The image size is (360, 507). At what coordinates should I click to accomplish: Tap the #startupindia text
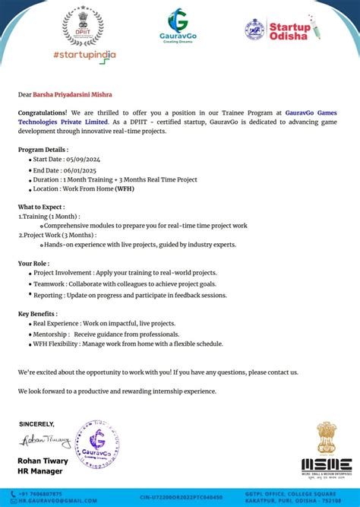click(x=84, y=55)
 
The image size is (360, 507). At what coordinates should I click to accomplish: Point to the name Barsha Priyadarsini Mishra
click(x=72, y=95)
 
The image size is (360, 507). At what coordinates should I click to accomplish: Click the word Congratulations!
click(x=43, y=112)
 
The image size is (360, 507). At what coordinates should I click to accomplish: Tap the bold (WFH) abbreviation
click(x=125, y=189)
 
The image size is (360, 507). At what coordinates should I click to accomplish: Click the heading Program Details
click(x=41, y=150)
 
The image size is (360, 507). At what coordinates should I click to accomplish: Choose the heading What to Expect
click(x=41, y=207)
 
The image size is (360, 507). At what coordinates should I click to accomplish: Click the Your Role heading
click(x=34, y=263)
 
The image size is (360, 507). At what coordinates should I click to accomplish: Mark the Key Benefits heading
click(x=37, y=313)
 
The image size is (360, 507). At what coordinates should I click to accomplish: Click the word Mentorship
click(x=50, y=334)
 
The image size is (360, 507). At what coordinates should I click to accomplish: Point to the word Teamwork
click(x=49, y=284)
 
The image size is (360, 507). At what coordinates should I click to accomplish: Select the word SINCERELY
click(x=36, y=424)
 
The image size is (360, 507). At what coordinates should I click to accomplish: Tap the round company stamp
click(x=96, y=443)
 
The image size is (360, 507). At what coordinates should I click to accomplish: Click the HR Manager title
click(x=39, y=471)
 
